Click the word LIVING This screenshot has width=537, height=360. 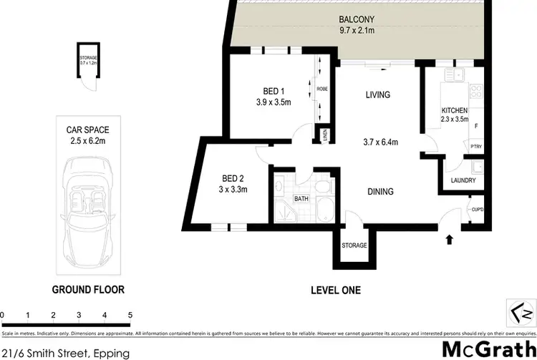coord(377,94)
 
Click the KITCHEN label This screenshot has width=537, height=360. coord(455,111)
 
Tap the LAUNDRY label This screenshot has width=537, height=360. coord(463,180)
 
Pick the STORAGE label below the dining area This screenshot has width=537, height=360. coord(354,245)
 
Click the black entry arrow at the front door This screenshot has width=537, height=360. coord(449,240)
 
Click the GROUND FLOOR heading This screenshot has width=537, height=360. coord(88,290)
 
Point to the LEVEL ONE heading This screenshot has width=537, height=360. coord(335,291)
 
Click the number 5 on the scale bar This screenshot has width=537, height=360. coord(130,314)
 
